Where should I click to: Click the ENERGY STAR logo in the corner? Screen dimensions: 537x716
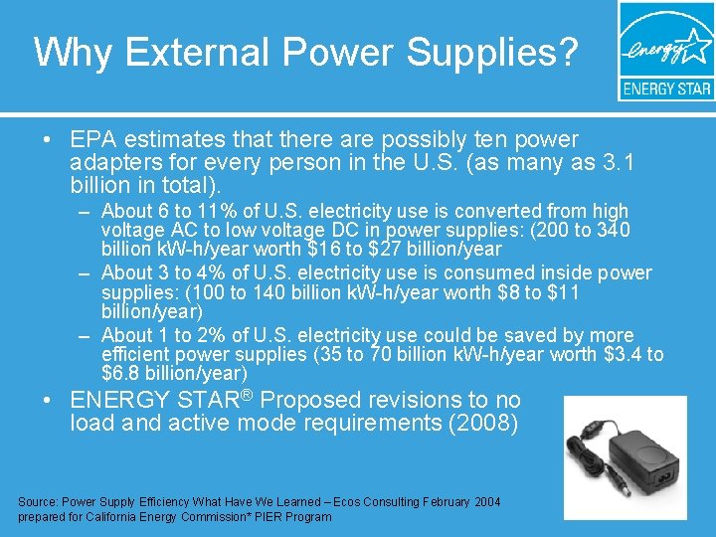pos(665,51)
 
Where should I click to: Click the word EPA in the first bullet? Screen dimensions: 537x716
pos(93,140)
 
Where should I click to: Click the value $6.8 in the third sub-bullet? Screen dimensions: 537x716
pos(122,374)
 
